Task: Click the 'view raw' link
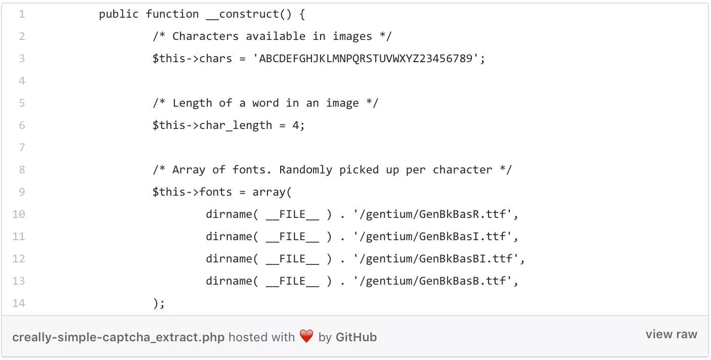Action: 671,334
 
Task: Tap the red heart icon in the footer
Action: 306,337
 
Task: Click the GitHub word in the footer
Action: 356,337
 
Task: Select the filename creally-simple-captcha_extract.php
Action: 118,337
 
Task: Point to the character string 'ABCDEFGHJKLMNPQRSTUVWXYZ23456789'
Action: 366,59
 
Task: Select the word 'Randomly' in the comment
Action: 305,170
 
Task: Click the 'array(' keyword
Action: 272,192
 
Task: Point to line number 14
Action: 19,303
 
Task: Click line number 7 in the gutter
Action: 22,148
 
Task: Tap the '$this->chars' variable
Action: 192,59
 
